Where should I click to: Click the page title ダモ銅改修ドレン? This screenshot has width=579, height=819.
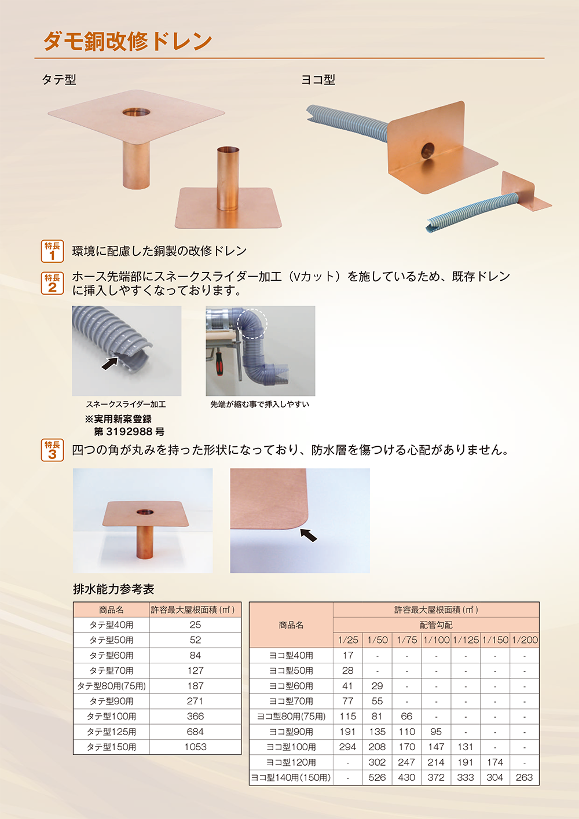(x=127, y=41)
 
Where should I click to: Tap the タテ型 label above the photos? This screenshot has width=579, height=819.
(x=59, y=79)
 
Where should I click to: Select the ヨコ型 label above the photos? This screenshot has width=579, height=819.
(x=318, y=79)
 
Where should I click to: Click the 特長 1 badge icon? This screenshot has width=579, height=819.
(x=52, y=251)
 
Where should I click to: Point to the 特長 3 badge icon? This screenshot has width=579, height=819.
(x=52, y=450)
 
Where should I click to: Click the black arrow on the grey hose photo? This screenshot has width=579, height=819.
(x=110, y=363)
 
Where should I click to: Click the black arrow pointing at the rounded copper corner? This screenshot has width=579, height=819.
(x=309, y=535)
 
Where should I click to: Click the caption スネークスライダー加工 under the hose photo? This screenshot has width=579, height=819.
(x=126, y=405)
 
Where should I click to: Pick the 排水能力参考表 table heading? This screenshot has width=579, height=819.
(x=113, y=589)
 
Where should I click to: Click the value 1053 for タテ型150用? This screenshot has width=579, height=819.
(x=195, y=747)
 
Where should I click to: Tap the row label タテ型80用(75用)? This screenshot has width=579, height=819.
(x=112, y=686)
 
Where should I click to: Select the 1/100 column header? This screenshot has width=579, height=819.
(x=437, y=640)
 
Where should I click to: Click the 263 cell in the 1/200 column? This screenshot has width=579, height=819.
(x=525, y=777)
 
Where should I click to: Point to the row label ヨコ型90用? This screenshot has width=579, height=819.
(x=291, y=732)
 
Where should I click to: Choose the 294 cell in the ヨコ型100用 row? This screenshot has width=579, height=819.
(x=347, y=747)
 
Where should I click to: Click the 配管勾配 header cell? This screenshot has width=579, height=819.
(x=437, y=625)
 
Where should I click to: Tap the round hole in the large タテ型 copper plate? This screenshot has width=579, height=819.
(x=136, y=112)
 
